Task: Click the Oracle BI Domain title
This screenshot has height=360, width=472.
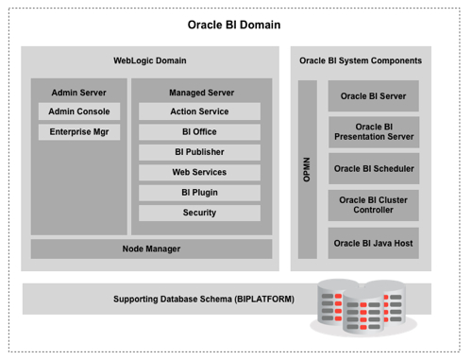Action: pos(234,25)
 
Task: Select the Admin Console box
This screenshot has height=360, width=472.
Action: pos(78,111)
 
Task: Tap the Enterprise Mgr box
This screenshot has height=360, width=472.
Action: pos(78,132)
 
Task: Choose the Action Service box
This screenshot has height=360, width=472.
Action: pos(199,111)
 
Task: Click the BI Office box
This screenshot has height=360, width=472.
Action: pos(199,132)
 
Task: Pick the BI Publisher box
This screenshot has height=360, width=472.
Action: pos(199,152)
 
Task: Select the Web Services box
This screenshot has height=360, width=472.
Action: pos(199,172)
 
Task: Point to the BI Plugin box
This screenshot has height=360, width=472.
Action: pos(199,193)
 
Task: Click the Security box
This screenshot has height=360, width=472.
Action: pos(199,213)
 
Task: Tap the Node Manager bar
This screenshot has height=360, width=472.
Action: pos(151,249)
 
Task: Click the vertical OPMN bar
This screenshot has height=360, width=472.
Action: pos(307,169)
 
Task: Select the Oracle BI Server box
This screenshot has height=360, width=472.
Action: pos(373,96)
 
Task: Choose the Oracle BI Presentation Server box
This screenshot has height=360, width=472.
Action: pos(373,131)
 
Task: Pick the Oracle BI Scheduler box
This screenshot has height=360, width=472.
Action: pos(373,169)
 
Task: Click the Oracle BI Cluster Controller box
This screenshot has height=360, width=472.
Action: pos(373,205)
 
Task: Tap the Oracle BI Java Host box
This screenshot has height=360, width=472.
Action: pos(373,243)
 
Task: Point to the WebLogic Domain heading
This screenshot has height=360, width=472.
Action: pos(150,60)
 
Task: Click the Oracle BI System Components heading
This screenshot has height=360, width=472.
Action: pos(361,60)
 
